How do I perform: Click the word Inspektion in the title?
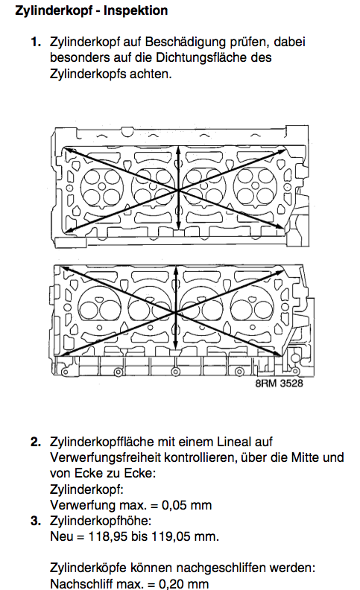[x=136, y=10]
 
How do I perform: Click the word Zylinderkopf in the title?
[x=54, y=10]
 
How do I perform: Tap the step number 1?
[x=35, y=42]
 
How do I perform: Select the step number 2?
[x=35, y=442]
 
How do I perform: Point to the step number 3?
[x=35, y=521]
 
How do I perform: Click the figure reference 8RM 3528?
[x=279, y=384]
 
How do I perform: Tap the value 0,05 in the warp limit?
[x=174, y=505]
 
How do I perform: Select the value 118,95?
[x=107, y=536]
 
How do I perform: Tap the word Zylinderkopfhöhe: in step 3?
[x=101, y=521]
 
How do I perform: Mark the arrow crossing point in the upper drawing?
[x=178, y=191]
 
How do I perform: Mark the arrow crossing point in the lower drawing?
[x=175, y=312]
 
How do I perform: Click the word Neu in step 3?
[x=61, y=536]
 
